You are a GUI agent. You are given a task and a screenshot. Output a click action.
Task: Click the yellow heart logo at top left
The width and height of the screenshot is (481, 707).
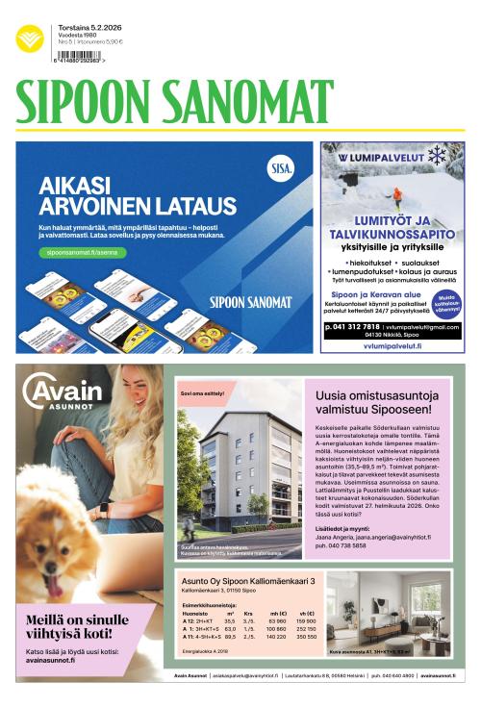29,38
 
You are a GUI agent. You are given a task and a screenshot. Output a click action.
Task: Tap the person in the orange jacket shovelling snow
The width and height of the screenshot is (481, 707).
394,199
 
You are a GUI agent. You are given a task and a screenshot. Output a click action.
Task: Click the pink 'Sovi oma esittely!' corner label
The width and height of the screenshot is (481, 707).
202,393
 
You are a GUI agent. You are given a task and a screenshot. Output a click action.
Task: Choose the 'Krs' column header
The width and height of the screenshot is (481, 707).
248,613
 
